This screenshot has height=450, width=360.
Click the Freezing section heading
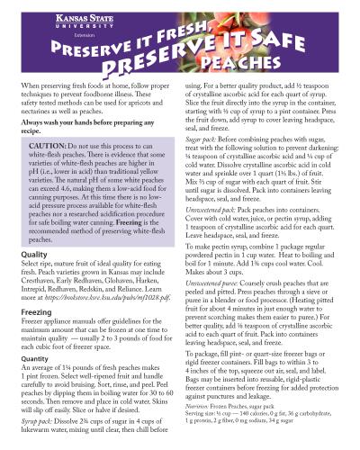(x=38, y=313)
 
